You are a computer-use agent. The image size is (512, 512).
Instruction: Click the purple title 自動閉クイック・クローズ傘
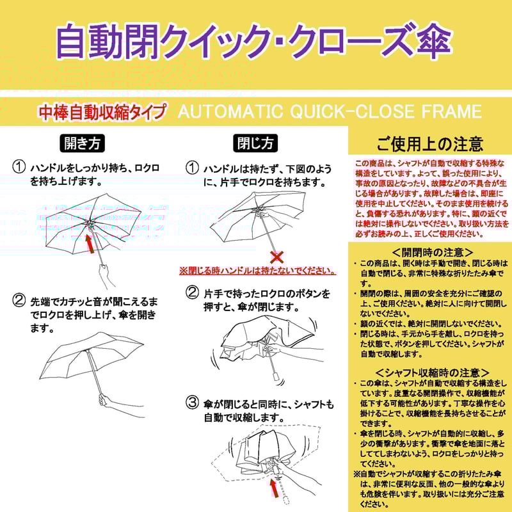tap(254, 41)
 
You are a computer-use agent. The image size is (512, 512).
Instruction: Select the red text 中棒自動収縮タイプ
tap(102, 112)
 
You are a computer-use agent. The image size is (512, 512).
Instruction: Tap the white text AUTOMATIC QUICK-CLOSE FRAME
tap(329, 112)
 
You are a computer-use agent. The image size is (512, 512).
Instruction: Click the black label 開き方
tap(82, 142)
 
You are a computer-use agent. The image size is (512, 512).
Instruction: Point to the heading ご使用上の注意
tap(429, 143)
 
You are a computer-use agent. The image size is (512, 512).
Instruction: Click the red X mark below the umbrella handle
tap(277, 257)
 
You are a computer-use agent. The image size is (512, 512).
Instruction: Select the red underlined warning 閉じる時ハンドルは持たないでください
tap(258, 271)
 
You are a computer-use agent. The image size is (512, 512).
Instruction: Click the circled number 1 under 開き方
tap(19, 168)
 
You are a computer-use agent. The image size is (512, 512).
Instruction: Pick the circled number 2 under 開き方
tap(19, 301)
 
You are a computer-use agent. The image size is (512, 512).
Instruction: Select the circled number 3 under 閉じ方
tap(192, 403)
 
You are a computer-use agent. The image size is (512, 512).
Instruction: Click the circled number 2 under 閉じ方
tap(192, 293)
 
